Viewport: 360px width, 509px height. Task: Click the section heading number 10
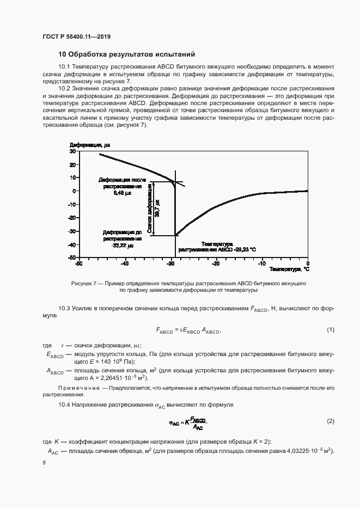[x=62, y=54]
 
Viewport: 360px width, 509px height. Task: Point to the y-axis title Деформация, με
[x=90, y=145]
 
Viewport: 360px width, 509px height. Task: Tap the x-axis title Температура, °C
[x=289, y=268]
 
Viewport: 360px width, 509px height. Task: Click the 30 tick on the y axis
[x=72, y=151]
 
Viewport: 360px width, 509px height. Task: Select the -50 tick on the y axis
[x=71, y=258]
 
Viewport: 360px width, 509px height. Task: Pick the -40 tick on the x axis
[x=125, y=263]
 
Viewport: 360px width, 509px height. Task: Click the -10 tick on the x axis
[x=262, y=263]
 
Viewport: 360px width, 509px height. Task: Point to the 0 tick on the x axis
[x=307, y=263]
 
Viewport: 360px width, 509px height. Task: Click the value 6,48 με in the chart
[x=123, y=193]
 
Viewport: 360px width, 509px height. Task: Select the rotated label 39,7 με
[x=158, y=208]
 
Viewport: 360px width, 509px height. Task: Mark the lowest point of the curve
[x=175, y=235]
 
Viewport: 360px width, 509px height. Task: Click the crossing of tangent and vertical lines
[x=175, y=182]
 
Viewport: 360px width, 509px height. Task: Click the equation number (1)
[x=330, y=330]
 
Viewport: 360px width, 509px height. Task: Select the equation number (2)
[x=330, y=422]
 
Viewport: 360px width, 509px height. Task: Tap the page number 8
[x=44, y=462]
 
